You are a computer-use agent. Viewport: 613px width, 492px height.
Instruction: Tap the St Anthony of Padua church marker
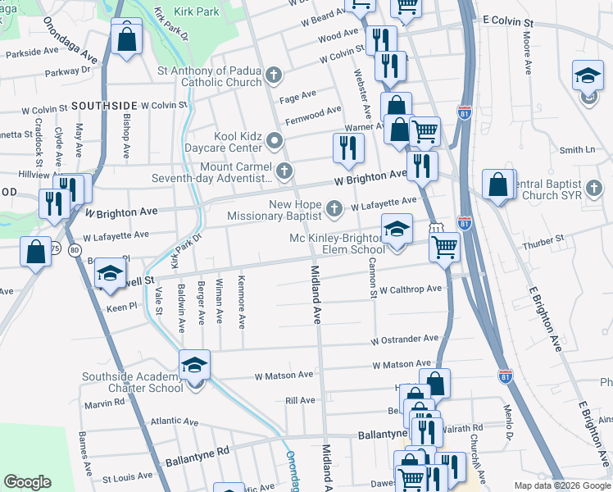coord(274,77)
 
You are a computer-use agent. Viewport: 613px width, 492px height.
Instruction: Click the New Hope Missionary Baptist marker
coord(334,210)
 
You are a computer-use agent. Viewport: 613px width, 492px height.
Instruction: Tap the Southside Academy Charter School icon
coord(195,366)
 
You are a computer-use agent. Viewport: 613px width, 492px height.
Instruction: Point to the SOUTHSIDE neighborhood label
coord(104,106)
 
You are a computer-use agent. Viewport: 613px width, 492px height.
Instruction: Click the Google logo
coord(28,482)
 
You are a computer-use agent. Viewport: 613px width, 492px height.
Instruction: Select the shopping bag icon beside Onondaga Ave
coord(126,38)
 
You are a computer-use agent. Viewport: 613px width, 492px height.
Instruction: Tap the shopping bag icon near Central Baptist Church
coord(498,184)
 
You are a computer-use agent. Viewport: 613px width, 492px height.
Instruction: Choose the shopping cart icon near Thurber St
coord(444,245)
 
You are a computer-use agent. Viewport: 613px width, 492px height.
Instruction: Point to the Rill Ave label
coord(300,400)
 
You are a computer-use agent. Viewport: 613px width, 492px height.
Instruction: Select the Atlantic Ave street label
coord(174,421)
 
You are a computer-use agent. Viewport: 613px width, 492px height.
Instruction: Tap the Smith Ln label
coord(577,150)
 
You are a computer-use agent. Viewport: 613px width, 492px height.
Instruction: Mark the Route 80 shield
coord(75,248)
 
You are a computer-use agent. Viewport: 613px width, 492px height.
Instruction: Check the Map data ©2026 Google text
coord(561,485)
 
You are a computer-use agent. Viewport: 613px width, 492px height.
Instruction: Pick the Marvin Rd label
coord(103,402)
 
